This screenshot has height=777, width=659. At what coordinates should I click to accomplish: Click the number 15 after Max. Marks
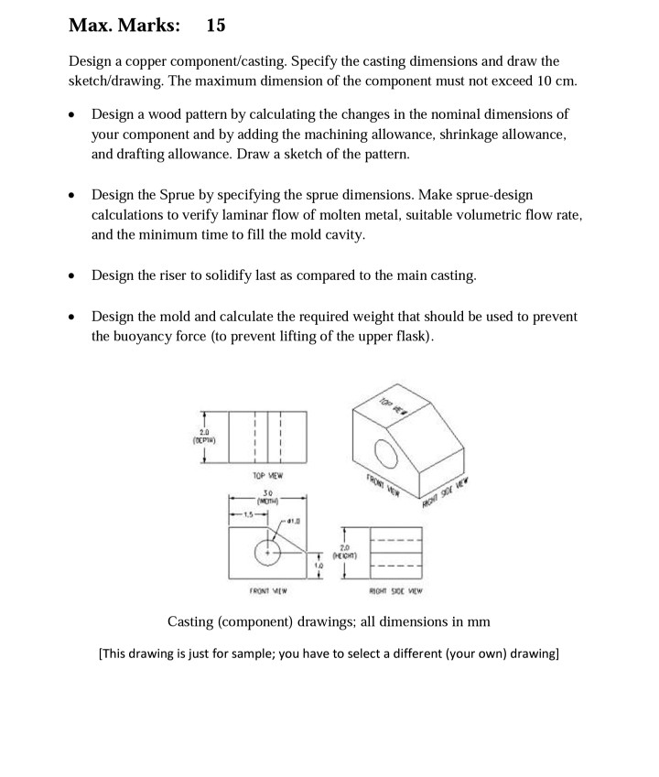click(x=216, y=25)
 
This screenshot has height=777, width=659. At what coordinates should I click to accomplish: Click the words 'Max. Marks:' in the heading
click(x=124, y=25)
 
